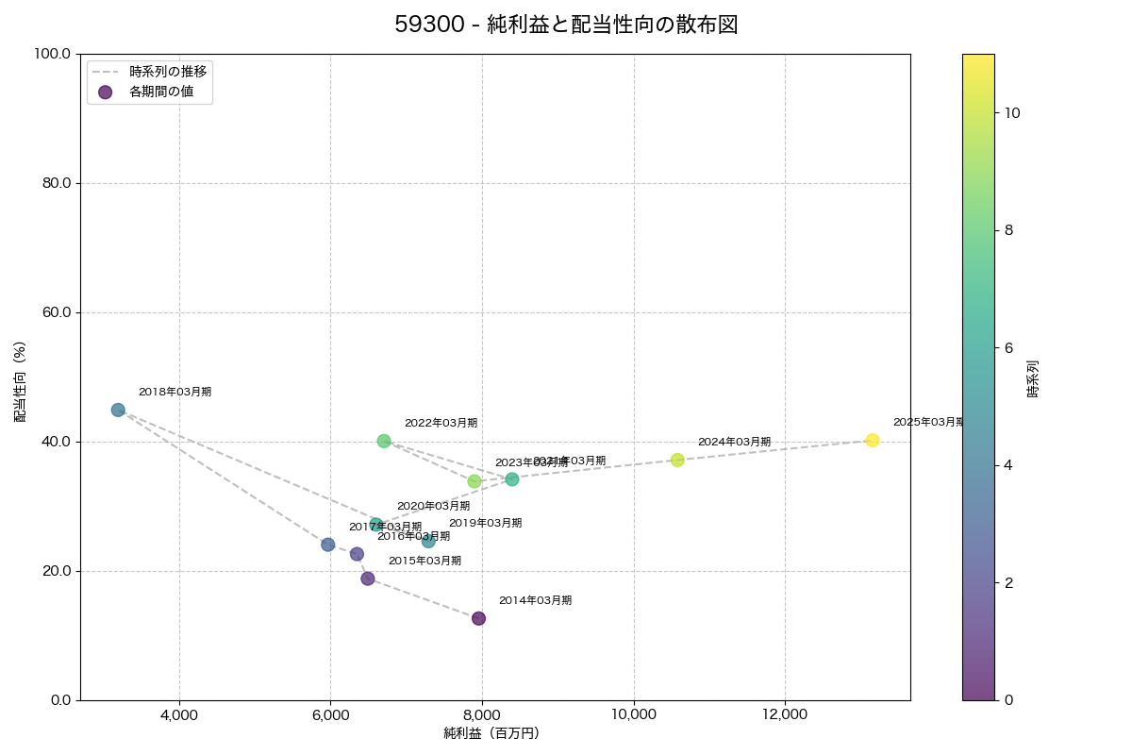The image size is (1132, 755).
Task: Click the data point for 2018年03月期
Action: [118, 410]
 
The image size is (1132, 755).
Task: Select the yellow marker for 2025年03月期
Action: [873, 441]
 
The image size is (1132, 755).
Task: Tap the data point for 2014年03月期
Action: [478, 618]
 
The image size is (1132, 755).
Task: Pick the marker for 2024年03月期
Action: [677, 460]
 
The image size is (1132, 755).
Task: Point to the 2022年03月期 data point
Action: [384, 441]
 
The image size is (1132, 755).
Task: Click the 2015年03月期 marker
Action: [368, 579]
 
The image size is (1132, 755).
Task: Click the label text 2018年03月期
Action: [175, 392]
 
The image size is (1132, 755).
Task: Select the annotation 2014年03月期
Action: [535, 600]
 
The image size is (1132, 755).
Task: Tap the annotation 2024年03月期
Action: [734, 442]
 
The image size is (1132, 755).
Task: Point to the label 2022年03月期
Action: [441, 423]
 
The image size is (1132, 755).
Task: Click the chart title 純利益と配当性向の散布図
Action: [565, 25]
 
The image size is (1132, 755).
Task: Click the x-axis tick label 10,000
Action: [634, 715]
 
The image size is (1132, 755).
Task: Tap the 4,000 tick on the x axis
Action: [179, 715]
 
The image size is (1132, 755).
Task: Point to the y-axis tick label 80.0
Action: [55, 183]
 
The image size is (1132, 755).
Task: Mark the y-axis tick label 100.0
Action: [52, 54]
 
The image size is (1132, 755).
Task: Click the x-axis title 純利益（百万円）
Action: [491, 733]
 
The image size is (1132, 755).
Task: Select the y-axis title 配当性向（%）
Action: [20, 381]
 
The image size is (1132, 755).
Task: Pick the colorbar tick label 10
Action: [1013, 112]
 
